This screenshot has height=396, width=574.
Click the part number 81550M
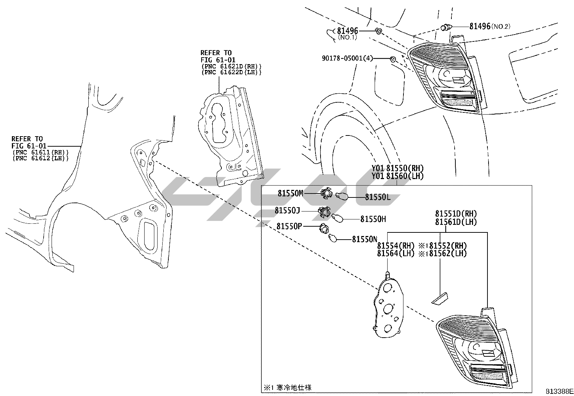[x=290, y=193]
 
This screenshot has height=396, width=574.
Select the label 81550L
[x=377, y=197]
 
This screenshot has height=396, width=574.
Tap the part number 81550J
[x=287, y=210]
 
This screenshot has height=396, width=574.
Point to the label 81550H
[x=373, y=219]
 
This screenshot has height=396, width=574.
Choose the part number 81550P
[x=289, y=226]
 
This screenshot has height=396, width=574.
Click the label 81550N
[x=365, y=239]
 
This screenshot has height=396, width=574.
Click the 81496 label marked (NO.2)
[x=480, y=26]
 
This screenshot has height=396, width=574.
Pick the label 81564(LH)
[x=395, y=253]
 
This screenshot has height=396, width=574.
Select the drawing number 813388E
[x=559, y=391]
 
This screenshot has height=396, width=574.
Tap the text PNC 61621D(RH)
[x=231, y=66]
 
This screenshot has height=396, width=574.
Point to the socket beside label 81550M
[x=326, y=194]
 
